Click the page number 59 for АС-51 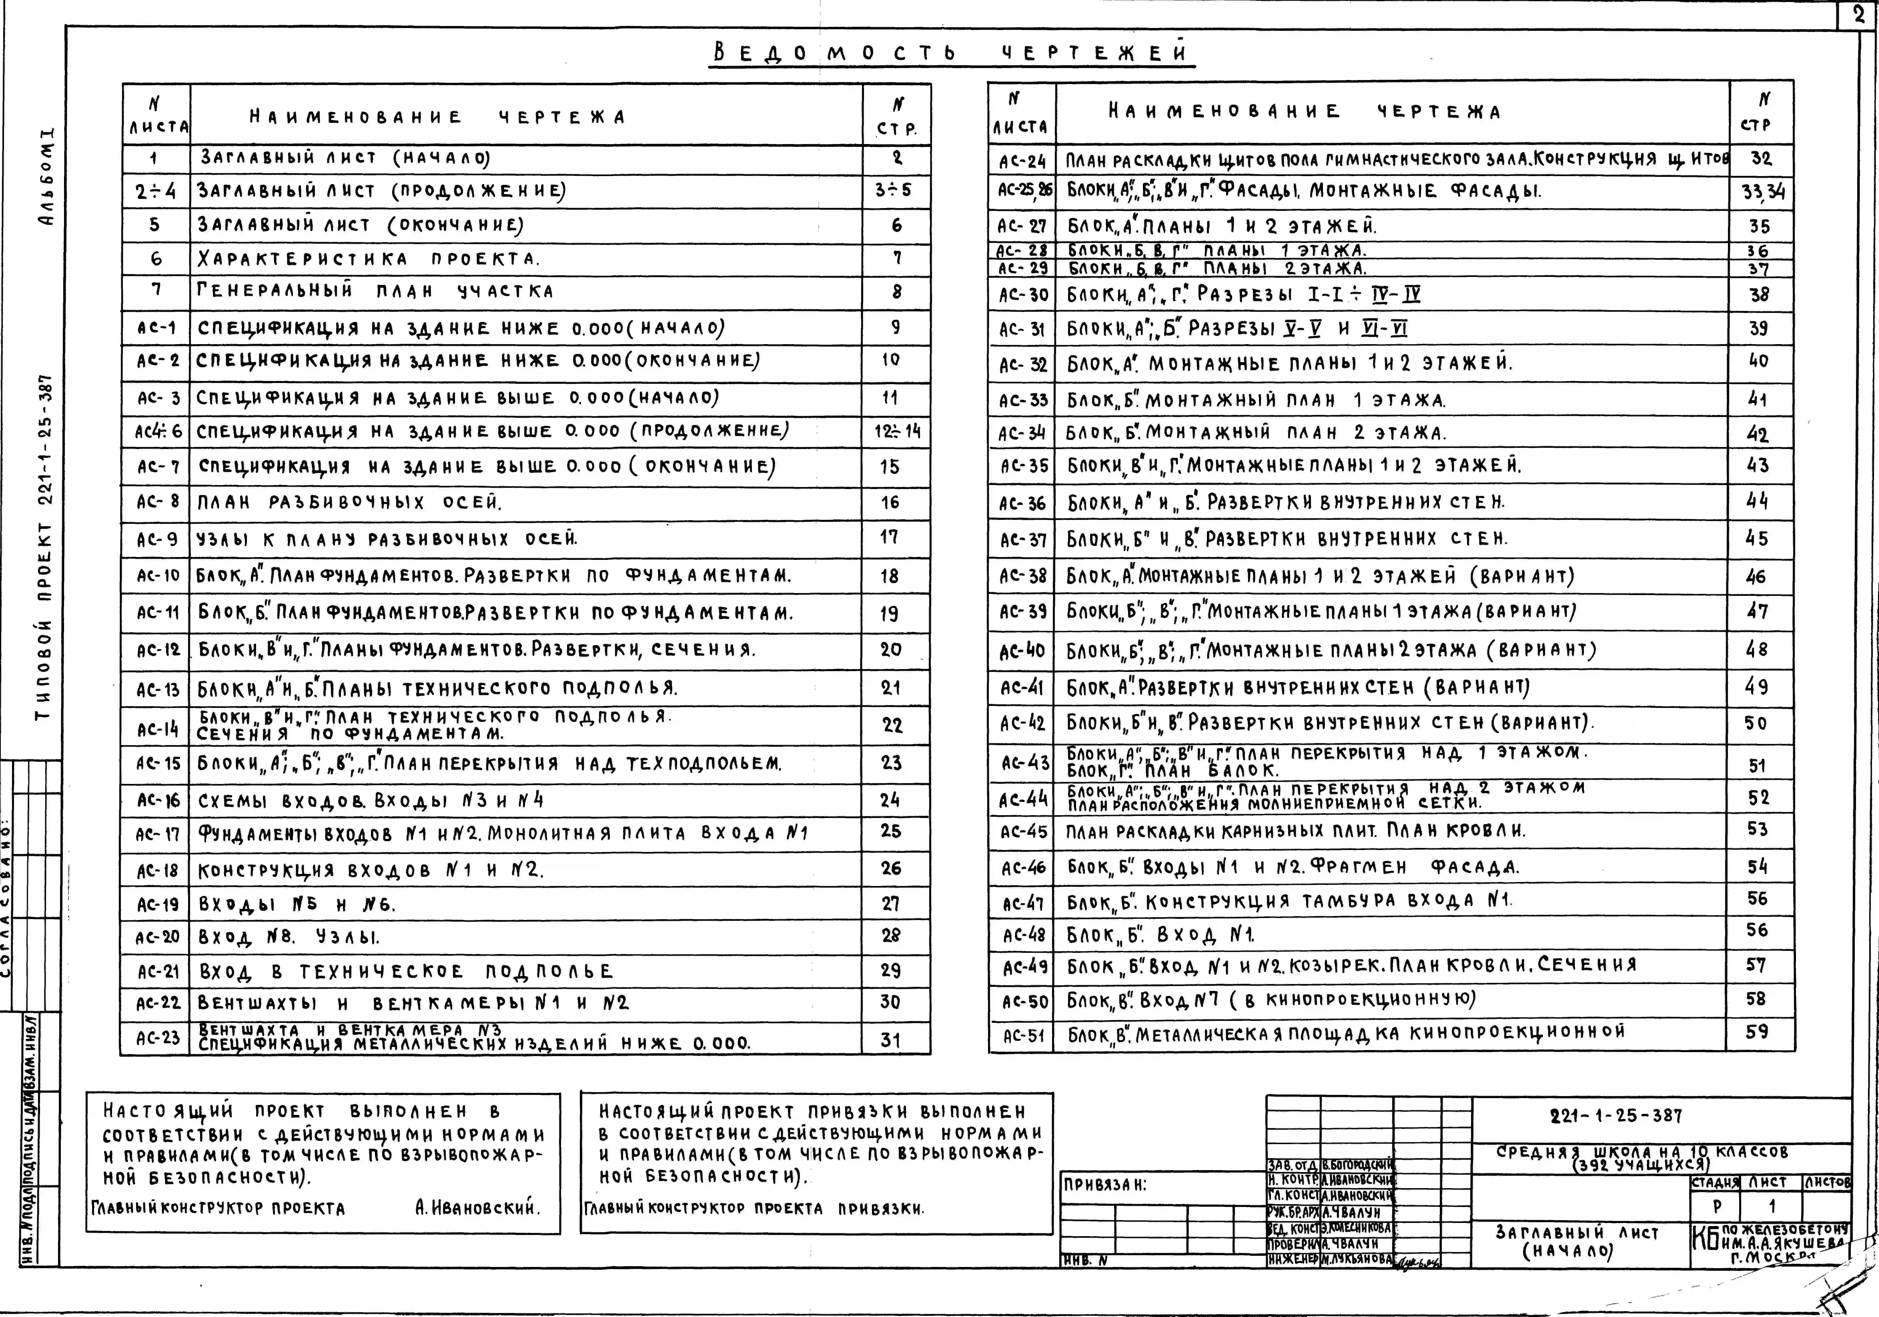pyautogui.click(x=1757, y=1032)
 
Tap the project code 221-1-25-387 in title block pyautogui.click(x=1616, y=1116)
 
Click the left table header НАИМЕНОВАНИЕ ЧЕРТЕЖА pyautogui.click(x=438, y=117)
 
